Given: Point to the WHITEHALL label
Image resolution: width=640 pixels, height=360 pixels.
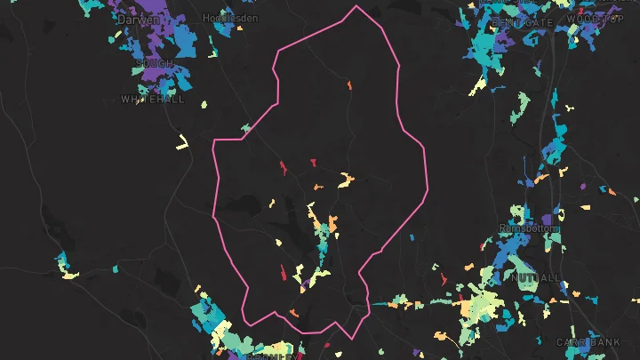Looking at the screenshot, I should tap(152, 100).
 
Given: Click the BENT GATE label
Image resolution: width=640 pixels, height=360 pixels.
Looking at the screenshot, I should tap(521, 20).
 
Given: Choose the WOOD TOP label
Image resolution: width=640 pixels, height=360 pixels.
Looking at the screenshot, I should tap(596, 19).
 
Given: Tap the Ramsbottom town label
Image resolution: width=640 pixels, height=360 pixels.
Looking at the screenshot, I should tap(529, 228).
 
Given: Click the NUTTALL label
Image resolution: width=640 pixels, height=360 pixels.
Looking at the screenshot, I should tap(536, 278).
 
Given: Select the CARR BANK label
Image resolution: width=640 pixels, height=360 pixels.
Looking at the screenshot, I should tap(588, 342).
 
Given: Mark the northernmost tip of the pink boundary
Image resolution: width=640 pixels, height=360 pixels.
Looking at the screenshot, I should tap(356, 6).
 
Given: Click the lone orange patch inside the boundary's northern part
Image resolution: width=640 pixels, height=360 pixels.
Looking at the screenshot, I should tap(349, 86).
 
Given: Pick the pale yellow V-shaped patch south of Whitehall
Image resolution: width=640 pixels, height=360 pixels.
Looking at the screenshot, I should tap(183, 142).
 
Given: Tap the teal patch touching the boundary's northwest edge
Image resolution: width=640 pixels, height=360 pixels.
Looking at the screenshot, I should tap(245, 130).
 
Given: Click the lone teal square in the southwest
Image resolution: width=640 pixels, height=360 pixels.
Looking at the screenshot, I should tap(115, 268).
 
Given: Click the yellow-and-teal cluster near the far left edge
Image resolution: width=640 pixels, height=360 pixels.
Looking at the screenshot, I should tap(64, 267).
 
